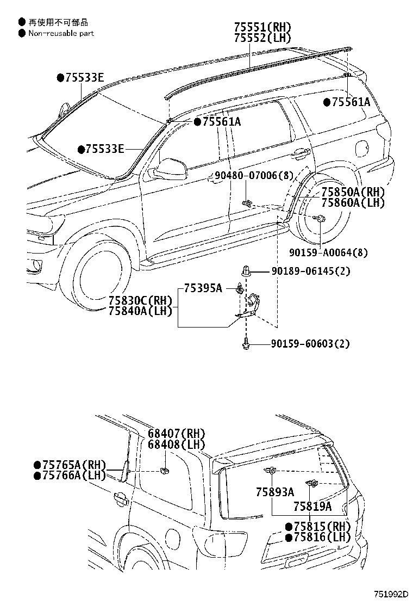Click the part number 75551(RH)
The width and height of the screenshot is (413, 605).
tap(262, 27)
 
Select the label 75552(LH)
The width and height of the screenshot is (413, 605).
tap(262, 38)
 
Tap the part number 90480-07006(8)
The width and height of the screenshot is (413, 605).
tap(254, 175)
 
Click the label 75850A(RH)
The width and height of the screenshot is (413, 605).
tap(352, 192)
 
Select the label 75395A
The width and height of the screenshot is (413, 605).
tap(203, 288)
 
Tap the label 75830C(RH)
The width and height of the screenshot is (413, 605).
tap(140, 300)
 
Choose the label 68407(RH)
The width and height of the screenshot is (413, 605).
tap(176, 434)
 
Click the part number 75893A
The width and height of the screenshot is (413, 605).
tap(275, 492)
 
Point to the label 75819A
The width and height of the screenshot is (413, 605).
tap(312, 507)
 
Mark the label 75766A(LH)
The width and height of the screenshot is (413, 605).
tap(70, 475)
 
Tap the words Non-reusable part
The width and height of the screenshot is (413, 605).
tap(60, 33)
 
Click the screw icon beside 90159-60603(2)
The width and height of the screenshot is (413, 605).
tap(246, 343)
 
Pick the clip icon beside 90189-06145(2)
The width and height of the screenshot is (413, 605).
tap(247, 271)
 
